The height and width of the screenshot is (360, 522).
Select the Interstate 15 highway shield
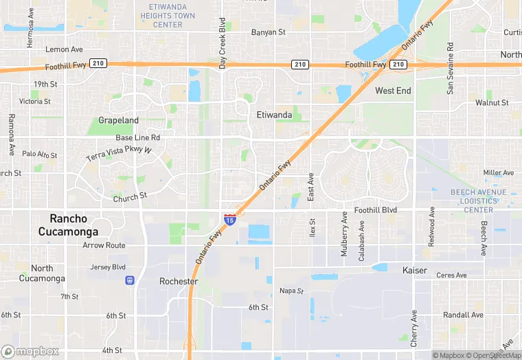(x=230, y=220)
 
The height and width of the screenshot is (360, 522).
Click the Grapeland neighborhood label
(x=118, y=120)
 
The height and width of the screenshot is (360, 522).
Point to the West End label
(x=393, y=91)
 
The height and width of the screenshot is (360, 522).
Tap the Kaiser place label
(x=414, y=271)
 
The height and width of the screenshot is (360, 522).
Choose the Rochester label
(x=179, y=282)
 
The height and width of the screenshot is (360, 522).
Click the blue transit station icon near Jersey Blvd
(x=129, y=280)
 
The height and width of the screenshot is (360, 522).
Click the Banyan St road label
(x=268, y=32)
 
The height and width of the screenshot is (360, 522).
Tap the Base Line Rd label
(x=137, y=138)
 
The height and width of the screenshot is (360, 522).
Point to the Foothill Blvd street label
(x=376, y=210)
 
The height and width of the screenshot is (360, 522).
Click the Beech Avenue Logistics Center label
(x=478, y=201)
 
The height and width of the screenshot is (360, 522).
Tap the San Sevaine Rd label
(x=451, y=68)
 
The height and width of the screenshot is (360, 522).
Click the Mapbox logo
(x=30, y=351)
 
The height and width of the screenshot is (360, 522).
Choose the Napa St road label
(x=291, y=291)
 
